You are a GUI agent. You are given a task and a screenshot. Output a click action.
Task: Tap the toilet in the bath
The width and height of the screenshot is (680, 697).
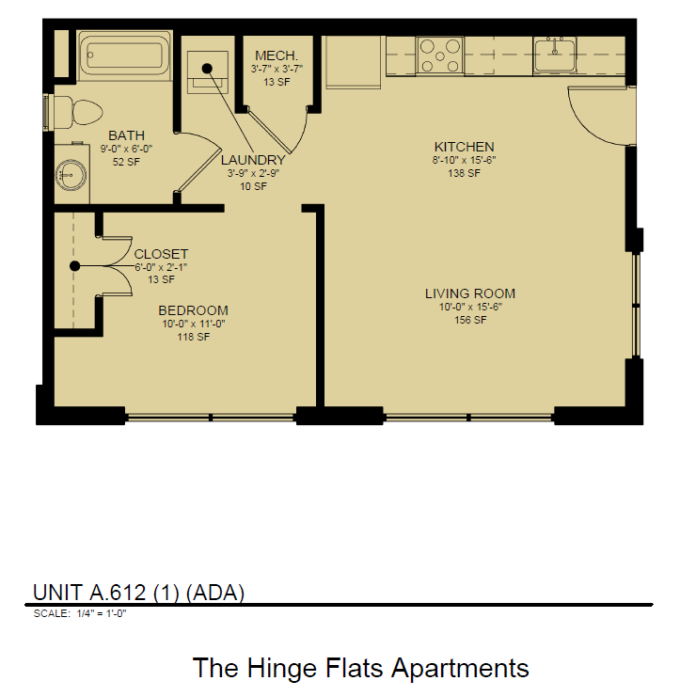tap(81, 113)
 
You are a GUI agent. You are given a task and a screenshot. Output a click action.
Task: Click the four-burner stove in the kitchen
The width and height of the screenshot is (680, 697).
tap(439, 55)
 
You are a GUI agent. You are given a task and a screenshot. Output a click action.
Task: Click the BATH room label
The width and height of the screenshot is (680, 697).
tap(126, 135)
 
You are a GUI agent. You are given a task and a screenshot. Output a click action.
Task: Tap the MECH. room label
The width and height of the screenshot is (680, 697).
tap(276, 55)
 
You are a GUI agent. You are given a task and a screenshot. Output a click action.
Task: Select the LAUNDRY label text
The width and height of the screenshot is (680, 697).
tap(252, 160)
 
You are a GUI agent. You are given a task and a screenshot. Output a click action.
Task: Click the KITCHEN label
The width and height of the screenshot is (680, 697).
tap(464, 147)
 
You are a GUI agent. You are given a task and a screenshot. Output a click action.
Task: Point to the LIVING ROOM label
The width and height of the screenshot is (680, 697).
tap(469, 293)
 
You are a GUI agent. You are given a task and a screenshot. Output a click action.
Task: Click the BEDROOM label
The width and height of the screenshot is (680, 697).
tap(193, 310)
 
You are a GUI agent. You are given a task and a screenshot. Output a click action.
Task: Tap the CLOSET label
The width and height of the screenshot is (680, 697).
tap(161, 254)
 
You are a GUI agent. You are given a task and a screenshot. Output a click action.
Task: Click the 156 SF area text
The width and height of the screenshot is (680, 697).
tap(469, 320)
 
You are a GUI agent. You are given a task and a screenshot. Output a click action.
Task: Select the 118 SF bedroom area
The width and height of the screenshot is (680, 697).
tap(193, 337)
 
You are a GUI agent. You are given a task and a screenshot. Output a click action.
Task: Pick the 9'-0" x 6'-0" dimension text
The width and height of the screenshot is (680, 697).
tap(126, 149)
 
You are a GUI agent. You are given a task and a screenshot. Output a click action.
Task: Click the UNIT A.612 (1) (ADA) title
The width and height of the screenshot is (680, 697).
tap(138, 592)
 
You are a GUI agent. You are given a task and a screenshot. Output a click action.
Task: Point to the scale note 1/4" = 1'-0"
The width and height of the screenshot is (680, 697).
tap(79, 613)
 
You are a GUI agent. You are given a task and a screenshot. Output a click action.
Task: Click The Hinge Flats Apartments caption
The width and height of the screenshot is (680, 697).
tap(360, 668)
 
